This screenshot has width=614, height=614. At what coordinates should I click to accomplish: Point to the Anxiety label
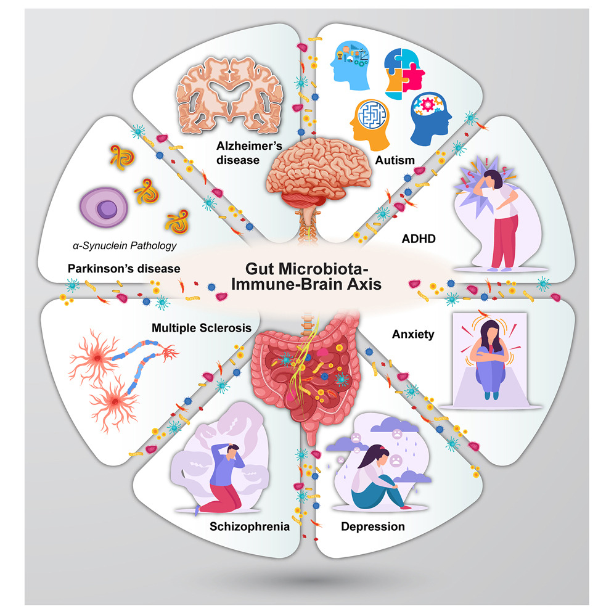point(413,335)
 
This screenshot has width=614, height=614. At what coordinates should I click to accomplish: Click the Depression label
point(372,526)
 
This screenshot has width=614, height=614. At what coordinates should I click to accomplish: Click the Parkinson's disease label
point(125,269)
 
